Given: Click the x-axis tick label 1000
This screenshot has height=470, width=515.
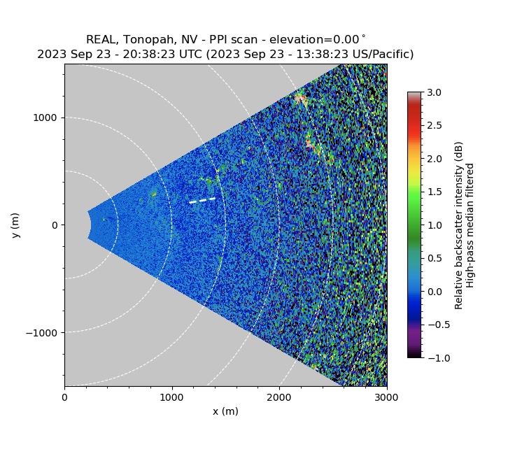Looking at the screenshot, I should pos(171,397).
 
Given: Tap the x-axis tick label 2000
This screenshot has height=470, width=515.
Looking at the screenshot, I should pos(279,397).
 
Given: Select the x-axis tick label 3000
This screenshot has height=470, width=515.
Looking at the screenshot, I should pos(386,397).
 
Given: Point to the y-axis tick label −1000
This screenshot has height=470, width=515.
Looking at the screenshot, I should pos(43,332).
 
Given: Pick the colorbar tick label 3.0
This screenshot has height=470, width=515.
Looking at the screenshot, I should pos(435,92).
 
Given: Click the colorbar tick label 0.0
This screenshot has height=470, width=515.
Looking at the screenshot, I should pos(435,291).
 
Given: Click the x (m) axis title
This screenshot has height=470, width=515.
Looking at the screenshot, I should pos(225,411).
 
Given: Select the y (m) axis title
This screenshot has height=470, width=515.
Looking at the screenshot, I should pos(15,225).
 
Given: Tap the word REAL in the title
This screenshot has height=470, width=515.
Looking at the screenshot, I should pos(100,40).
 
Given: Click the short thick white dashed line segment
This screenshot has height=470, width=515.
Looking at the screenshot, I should pos(202,201).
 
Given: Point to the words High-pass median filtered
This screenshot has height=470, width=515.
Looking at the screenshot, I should pos(471,225).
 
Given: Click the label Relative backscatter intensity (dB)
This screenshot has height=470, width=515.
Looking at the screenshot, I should pos(459,225).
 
